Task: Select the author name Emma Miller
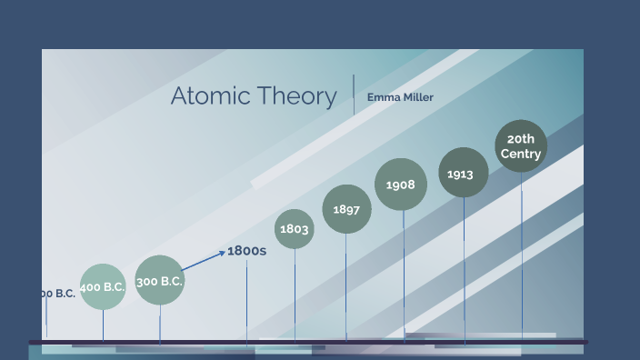[400, 97]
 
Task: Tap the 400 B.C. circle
[103, 287]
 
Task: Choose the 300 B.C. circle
[160, 281]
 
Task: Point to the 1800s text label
[246, 250]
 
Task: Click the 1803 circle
[294, 229]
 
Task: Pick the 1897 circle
[346, 209]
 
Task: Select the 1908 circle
[401, 185]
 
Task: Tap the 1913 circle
[463, 173]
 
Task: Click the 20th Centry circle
[521, 146]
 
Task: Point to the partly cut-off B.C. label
[56, 293]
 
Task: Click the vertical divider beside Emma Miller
[354, 95]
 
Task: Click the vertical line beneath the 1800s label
[246, 300]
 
